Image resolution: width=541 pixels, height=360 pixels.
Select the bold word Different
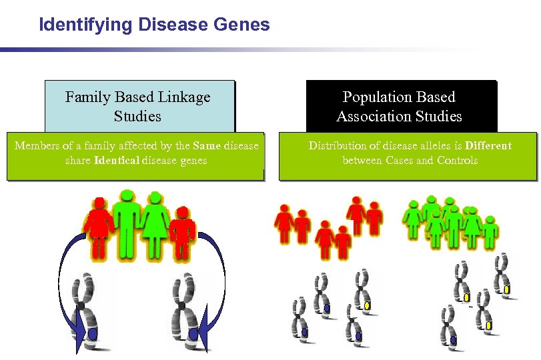[x=488, y=145]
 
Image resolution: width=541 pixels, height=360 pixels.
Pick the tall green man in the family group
[x=126, y=223]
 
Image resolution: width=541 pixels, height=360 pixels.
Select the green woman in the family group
[x=155, y=225]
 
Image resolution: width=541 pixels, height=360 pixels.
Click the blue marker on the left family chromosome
[x=93, y=333]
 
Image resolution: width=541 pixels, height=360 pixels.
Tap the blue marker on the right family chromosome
[x=193, y=333]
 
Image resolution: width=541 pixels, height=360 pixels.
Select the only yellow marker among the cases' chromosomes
[x=367, y=305]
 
